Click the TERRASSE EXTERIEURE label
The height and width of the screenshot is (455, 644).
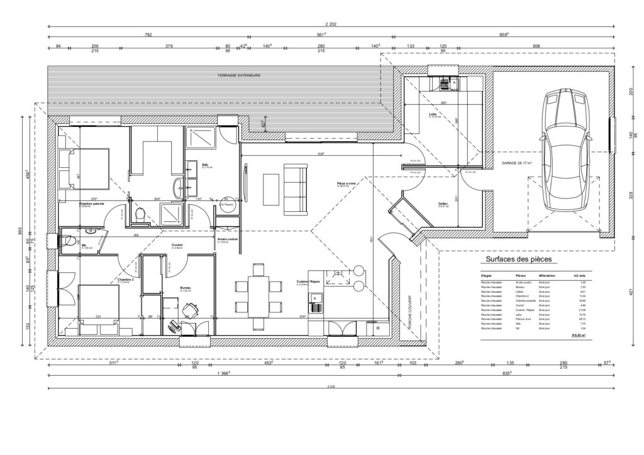(239, 75)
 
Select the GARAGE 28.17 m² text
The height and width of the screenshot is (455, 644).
(517, 163)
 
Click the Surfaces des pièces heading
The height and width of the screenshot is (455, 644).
(513, 259)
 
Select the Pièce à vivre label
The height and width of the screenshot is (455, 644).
(346, 184)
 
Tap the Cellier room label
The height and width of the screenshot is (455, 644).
(443, 204)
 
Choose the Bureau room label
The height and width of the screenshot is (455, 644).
(185, 288)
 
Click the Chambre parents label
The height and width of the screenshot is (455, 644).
(92, 204)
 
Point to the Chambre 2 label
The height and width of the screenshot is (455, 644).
(126, 280)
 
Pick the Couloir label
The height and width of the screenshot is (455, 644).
(177, 245)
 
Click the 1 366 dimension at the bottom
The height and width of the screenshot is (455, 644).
(223, 374)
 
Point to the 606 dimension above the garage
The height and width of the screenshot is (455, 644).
(536, 47)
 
